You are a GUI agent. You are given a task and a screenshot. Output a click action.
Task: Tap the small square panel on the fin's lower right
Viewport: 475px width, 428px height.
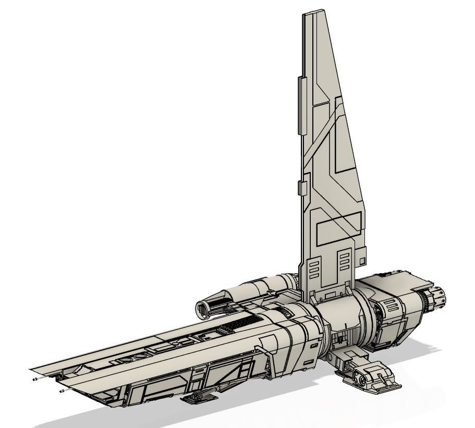pos(362,259)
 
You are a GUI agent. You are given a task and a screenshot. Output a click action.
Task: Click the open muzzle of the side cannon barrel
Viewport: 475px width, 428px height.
pos(202,310)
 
